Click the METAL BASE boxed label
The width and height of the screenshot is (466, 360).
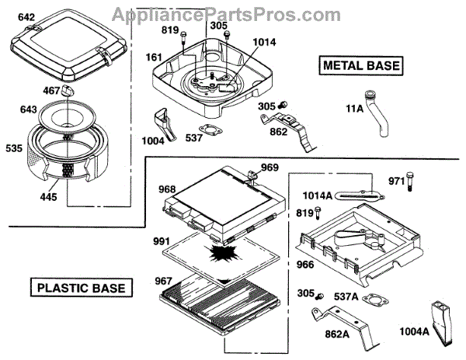[363, 66]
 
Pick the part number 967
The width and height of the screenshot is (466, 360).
[163, 280]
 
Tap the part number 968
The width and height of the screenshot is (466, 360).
[167, 189]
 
